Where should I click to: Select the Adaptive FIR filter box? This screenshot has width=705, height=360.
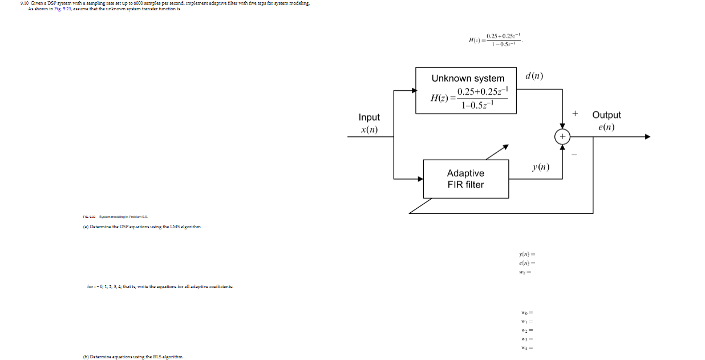click(465, 179)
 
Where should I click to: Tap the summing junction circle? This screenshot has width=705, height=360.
click(562, 137)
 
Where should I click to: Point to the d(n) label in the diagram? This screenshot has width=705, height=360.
click(534, 76)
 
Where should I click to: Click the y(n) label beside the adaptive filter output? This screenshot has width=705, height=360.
click(540, 167)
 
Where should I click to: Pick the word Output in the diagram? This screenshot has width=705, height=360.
click(606, 115)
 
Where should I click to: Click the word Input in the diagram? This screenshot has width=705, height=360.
click(369, 118)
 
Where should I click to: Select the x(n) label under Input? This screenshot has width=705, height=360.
click(369, 130)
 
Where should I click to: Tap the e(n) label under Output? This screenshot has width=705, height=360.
click(606, 127)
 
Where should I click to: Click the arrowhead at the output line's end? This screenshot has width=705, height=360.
click(647, 137)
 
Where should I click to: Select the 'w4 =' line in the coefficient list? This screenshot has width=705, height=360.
click(526, 347)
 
